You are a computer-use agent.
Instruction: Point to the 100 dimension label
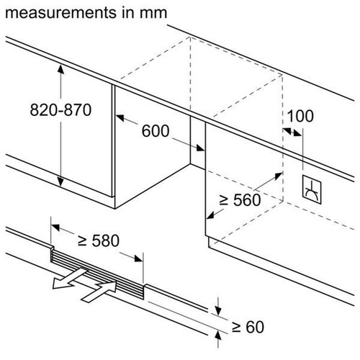pyautogui.click(x=300, y=116)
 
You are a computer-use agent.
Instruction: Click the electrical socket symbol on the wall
pyautogui.click(x=313, y=188)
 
